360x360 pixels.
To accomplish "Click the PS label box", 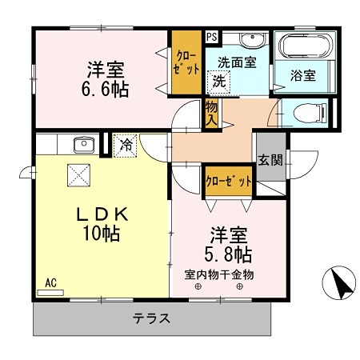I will (x=211, y=36).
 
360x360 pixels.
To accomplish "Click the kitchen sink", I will (x=83, y=145).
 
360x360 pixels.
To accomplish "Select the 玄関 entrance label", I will (x=270, y=160).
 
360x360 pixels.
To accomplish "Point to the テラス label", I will (x=152, y=318).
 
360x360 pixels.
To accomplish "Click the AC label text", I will (x=50, y=282).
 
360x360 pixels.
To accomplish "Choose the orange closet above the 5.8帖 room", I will (x=229, y=181).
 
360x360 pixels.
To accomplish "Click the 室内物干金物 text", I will (x=219, y=274).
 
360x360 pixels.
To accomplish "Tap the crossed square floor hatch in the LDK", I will (x=78, y=173).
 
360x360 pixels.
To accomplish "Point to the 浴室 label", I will (x=303, y=76).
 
